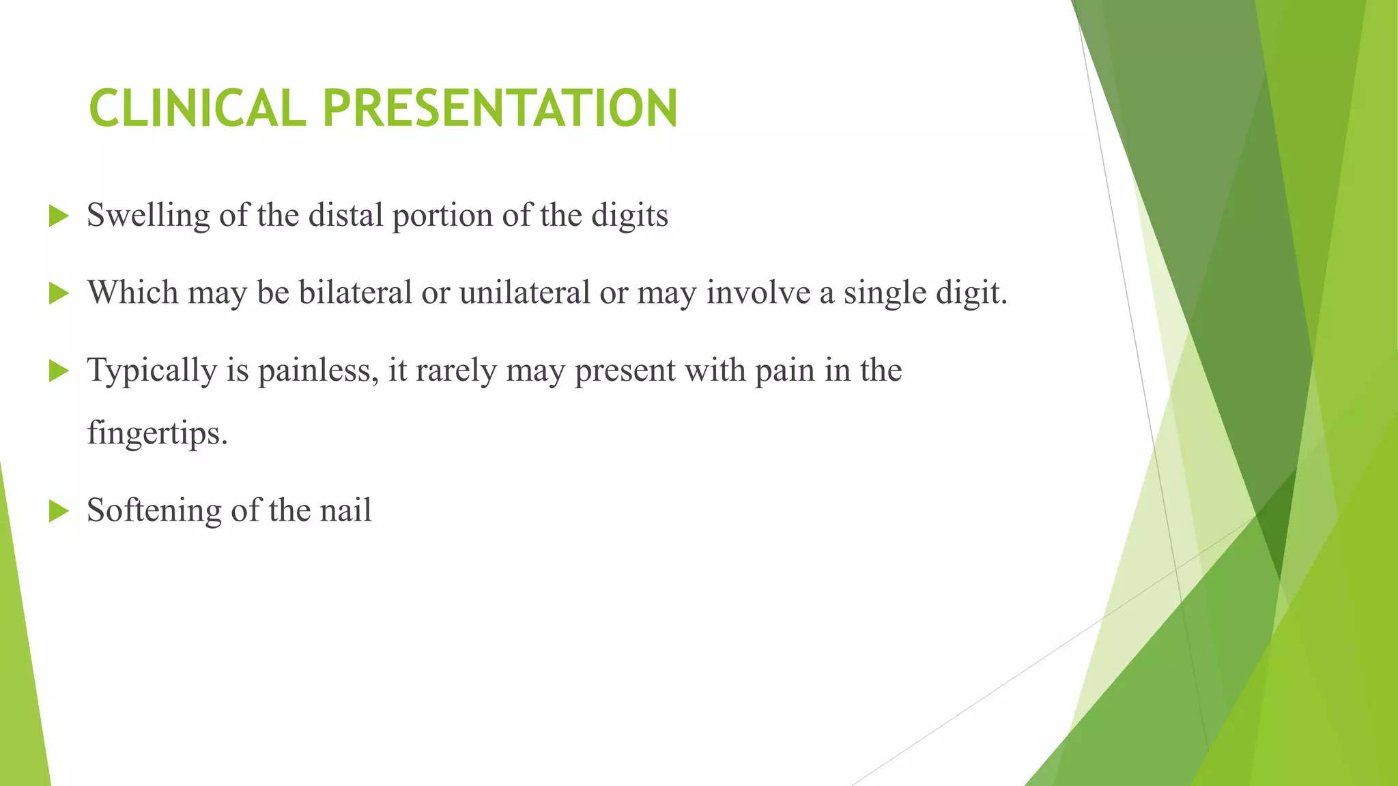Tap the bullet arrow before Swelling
pyautogui.click(x=59, y=217)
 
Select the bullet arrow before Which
pyautogui.click(x=59, y=294)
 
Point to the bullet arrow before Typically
pyautogui.click(x=59, y=372)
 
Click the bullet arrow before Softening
pyautogui.click(x=59, y=511)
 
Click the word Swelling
pyautogui.click(x=148, y=216)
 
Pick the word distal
pyautogui.click(x=345, y=216)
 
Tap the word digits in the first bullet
pyautogui.click(x=629, y=216)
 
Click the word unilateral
pyautogui.click(x=524, y=293)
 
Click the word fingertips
pyautogui.click(x=157, y=433)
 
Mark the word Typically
pyautogui.click(x=152, y=370)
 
